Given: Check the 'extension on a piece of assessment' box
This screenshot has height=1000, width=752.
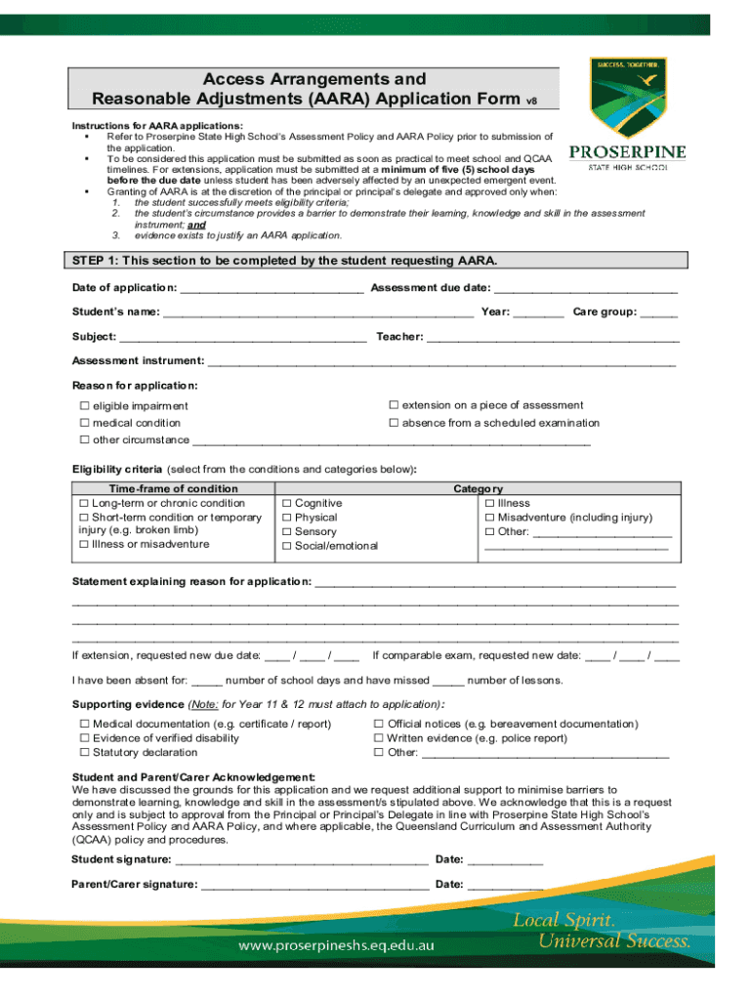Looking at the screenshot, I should (395, 405).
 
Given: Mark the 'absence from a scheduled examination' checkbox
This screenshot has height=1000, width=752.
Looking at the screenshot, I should (395, 423).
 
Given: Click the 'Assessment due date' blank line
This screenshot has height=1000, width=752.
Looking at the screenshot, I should (585, 289).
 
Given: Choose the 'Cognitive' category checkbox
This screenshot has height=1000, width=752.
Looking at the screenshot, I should (287, 504).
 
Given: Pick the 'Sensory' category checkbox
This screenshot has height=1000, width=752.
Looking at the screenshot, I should (287, 532).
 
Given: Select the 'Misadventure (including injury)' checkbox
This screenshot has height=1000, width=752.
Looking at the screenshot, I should (490, 518).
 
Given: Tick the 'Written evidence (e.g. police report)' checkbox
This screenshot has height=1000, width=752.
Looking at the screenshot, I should (379, 738).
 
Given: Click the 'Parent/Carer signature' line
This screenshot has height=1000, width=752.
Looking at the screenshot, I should (313, 886).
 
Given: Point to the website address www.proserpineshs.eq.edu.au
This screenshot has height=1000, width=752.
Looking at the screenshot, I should (337, 946).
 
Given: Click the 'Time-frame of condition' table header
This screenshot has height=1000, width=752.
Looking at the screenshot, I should (173, 488).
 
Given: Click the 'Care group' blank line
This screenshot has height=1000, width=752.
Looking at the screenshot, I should (660, 313).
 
